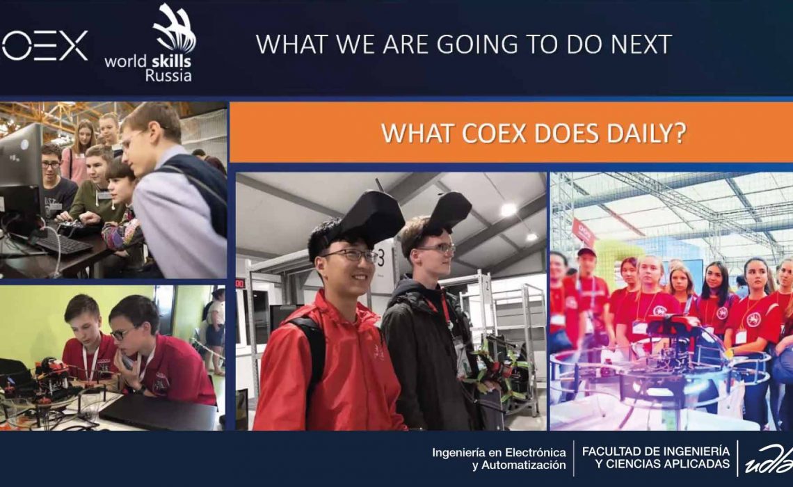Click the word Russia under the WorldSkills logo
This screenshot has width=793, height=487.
[x=168, y=76]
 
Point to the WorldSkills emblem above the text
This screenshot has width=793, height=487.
[x=174, y=28]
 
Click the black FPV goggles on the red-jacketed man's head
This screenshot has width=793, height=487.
[x=369, y=216]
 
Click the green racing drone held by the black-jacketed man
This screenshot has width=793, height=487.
[x=498, y=362]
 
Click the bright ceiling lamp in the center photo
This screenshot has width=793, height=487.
[x=508, y=209]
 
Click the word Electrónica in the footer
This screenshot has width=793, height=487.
[x=536, y=452]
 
